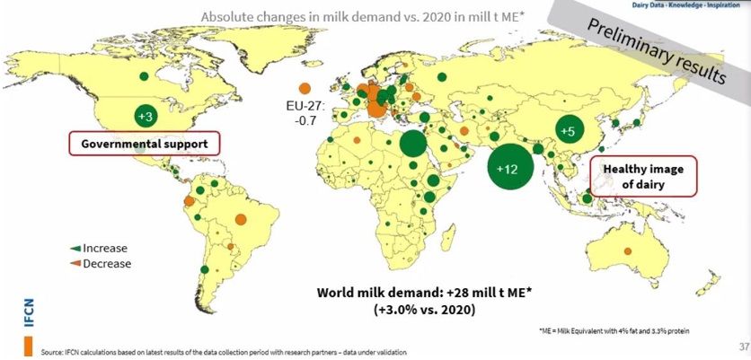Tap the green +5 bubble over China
pos(568,130)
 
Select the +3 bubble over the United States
pos(146,117)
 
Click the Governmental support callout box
pos(144,143)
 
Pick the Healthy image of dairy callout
pos(643,176)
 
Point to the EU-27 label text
pos(305,105)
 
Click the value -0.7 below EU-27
pos(305,120)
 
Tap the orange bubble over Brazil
pos(241,219)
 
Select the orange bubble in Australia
pos(627,250)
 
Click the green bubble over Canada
pos(144,75)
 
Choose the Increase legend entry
pos(99,248)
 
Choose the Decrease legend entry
pos(101,263)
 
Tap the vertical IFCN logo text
pos(30,314)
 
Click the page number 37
pos(744,347)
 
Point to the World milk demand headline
pos(424,292)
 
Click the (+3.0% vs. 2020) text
pos(424,309)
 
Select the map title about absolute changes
pos(363,16)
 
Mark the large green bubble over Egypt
pos(413,144)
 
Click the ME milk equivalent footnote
pos(615,330)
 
